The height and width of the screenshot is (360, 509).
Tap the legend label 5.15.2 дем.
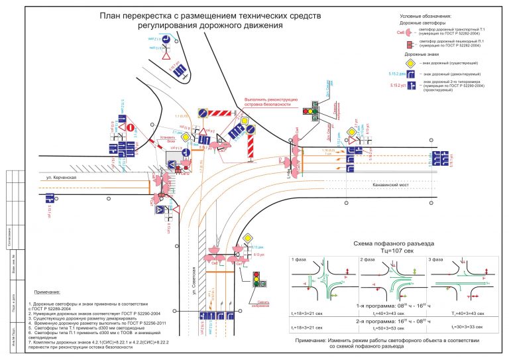coord(397,74)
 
